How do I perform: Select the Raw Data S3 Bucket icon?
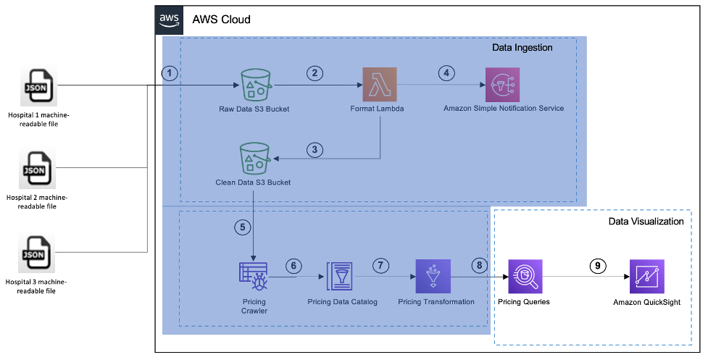click(x=255, y=85)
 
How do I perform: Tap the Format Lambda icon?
click(x=379, y=85)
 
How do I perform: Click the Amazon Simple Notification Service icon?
click(x=503, y=85)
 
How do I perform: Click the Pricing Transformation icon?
click(x=433, y=277)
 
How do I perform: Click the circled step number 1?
click(x=170, y=73)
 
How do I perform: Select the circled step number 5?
click(x=242, y=227)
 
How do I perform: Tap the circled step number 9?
click(x=597, y=266)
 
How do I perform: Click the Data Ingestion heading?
click(x=522, y=48)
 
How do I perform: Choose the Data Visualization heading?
click(x=646, y=221)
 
